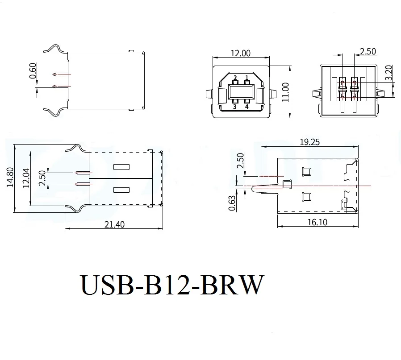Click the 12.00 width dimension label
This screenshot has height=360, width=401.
(x=240, y=53)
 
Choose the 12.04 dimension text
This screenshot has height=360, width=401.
(x=25, y=178)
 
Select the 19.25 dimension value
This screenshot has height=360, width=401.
(x=310, y=142)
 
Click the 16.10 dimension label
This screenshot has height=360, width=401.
(x=317, y=222)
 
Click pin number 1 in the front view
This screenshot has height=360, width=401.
(x=246, y=78)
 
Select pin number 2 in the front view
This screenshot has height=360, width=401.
(x=234, y=78)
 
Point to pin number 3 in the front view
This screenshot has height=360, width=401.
(x=234, y=107)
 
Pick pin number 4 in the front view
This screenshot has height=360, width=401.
(x=246, y=107)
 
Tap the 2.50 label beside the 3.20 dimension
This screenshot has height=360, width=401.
(x=368, y=51)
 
